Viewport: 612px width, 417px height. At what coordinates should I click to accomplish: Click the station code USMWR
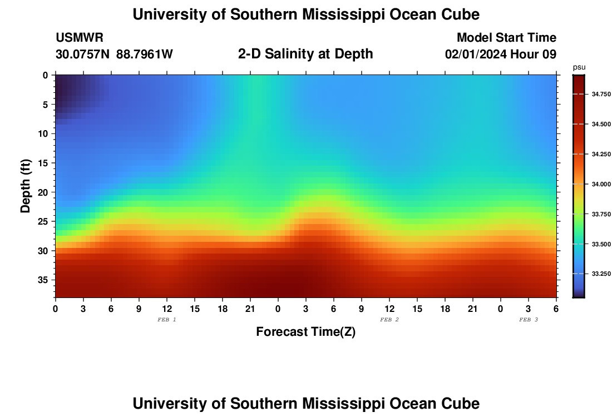pyautogui.click(x=80, y=38)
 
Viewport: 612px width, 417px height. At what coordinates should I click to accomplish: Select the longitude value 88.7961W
pyautogui.click(x=145, y=54)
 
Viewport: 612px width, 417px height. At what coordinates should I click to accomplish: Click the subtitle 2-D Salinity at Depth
pyautogui.click(x=305, y=54)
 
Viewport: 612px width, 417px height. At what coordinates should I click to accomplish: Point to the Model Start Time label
pyautogui.click(x=506, y=38)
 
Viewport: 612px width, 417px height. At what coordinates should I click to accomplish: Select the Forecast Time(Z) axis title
pyautogui.click(x=305, y=332)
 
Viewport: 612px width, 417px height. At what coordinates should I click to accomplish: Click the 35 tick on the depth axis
pyautogui.click(x=45, y=280)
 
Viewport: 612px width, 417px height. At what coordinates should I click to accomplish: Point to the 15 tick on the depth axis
pyautogui.click(x=45, y=163)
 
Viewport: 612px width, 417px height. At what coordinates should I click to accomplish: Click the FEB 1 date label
pyautogui.click(x=167, y=320)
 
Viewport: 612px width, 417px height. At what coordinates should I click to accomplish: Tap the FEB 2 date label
pyautogui.click(x=389, y=320)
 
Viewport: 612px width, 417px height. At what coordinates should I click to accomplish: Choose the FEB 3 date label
pyautogui.click(x=528, y=320)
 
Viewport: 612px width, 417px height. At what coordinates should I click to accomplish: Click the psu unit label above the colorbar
pyautogui.click(x=579, y=67)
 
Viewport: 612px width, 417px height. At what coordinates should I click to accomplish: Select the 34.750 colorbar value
pyautogui.click(x=601, y=95)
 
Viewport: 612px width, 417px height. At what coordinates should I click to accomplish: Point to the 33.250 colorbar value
pyautogui.click(x=601, y=274)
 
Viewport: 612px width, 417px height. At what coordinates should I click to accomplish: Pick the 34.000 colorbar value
pyautogui.click(x=601, y=184)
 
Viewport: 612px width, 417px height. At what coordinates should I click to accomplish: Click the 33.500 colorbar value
pyautogui.click(x=601, y=244)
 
